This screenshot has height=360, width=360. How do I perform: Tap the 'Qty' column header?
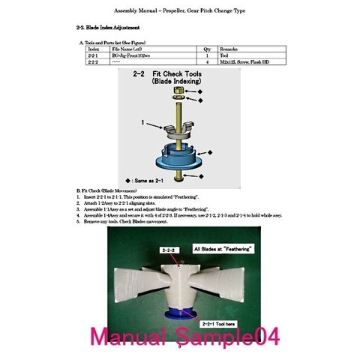pos(205,49)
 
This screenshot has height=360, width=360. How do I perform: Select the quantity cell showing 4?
pos(205,63)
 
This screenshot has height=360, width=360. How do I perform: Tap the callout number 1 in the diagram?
pos(141,120)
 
